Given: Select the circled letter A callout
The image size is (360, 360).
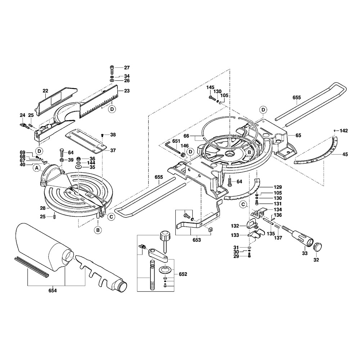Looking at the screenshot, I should pos(36,167).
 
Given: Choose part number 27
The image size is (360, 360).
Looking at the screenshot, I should pos(127,68).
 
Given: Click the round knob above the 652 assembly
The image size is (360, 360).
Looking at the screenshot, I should pos(164,237).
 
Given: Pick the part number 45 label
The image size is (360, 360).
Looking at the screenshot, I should pos(345,155).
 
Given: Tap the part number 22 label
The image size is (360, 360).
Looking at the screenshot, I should pos(45,91).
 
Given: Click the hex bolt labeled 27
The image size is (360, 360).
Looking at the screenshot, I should pos(112,68).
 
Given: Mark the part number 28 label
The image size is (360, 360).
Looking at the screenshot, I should pos(42,208).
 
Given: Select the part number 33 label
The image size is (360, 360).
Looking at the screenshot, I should pos(305,253).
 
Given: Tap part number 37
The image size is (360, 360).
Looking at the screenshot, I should pos(113,150).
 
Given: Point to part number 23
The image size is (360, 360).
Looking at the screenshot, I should pos(126,91).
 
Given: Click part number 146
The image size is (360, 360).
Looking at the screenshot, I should pos(184,145).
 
